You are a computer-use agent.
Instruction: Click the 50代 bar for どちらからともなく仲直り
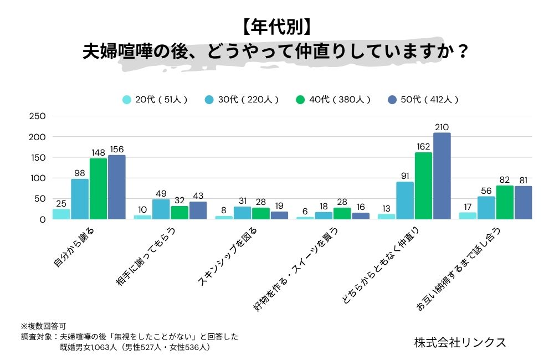coord(442,176)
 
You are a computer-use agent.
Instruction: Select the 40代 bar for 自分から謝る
coord(98,189)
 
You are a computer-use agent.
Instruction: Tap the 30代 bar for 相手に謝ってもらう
coord(161,209)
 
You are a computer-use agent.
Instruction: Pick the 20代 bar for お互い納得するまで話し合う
coord(469,215)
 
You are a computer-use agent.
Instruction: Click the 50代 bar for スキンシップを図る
coord(279,215)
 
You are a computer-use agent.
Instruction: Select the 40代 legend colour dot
coord(301,100)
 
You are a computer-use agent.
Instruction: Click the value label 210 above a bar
coord(442,127)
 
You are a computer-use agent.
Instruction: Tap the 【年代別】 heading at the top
coord(276,26)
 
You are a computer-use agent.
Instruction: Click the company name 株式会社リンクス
coord(460,342)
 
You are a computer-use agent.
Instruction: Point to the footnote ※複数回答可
coord(44,326)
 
